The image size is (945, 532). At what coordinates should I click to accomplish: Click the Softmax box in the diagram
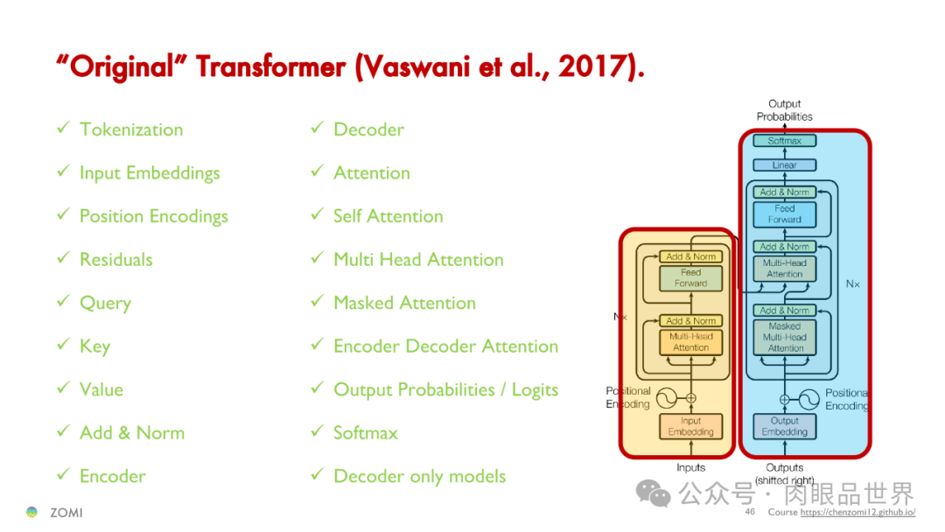point(784,140)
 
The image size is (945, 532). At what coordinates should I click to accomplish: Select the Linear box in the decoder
point(784,164)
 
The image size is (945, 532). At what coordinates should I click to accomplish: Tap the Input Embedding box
point(690,426)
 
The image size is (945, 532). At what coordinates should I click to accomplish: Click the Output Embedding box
point(784,426)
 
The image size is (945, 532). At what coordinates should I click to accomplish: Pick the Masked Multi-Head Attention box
point(784,337)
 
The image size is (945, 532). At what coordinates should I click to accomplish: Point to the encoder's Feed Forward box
point(690,277)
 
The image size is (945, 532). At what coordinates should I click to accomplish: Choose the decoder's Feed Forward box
point(784,213)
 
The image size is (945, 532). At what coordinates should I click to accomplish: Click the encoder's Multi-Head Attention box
point(690,341)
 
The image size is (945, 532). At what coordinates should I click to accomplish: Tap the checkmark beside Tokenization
point(63,128)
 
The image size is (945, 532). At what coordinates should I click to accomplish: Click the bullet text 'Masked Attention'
point(404,303)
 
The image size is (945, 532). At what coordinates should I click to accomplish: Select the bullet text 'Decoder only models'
point(419,476)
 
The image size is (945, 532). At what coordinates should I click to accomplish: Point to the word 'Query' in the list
point(106,303)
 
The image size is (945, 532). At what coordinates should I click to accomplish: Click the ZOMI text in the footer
point(66,513)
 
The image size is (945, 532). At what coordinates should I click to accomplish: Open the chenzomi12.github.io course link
point(857,512)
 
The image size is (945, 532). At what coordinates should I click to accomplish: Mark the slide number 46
point(750,512)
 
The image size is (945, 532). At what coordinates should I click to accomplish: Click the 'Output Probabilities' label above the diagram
point(784,110)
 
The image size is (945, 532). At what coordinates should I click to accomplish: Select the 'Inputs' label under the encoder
point(690,467)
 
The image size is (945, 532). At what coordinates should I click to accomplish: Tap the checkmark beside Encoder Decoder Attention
point(318,345)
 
